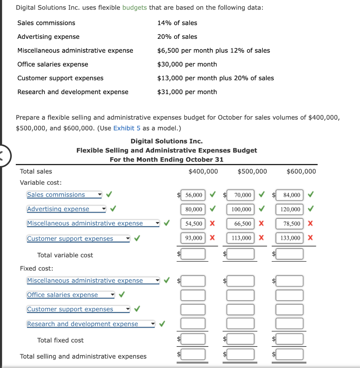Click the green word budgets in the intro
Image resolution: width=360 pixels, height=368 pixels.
134,8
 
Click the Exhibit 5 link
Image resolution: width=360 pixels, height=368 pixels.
127,128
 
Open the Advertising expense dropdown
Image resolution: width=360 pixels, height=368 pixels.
67,209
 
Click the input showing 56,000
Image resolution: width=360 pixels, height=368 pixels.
193,195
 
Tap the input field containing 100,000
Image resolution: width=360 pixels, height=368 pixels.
240,209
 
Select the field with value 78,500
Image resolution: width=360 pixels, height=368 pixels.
290,224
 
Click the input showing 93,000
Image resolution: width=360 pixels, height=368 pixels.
193,238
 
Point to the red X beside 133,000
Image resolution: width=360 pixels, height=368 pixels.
310,238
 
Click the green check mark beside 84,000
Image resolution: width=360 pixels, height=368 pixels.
310,195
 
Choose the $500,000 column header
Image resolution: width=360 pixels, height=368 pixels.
252,171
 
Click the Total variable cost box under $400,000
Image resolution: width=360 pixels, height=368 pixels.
193,254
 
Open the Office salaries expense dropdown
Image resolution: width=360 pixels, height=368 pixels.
71,295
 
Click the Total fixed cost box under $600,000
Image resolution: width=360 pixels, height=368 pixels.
290,339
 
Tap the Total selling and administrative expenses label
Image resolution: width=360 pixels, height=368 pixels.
83,356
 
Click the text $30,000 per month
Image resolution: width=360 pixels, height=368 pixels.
187,64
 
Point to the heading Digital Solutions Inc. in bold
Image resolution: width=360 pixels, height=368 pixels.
167,141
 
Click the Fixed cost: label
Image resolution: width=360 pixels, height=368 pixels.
36,268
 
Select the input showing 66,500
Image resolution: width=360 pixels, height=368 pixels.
240,224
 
